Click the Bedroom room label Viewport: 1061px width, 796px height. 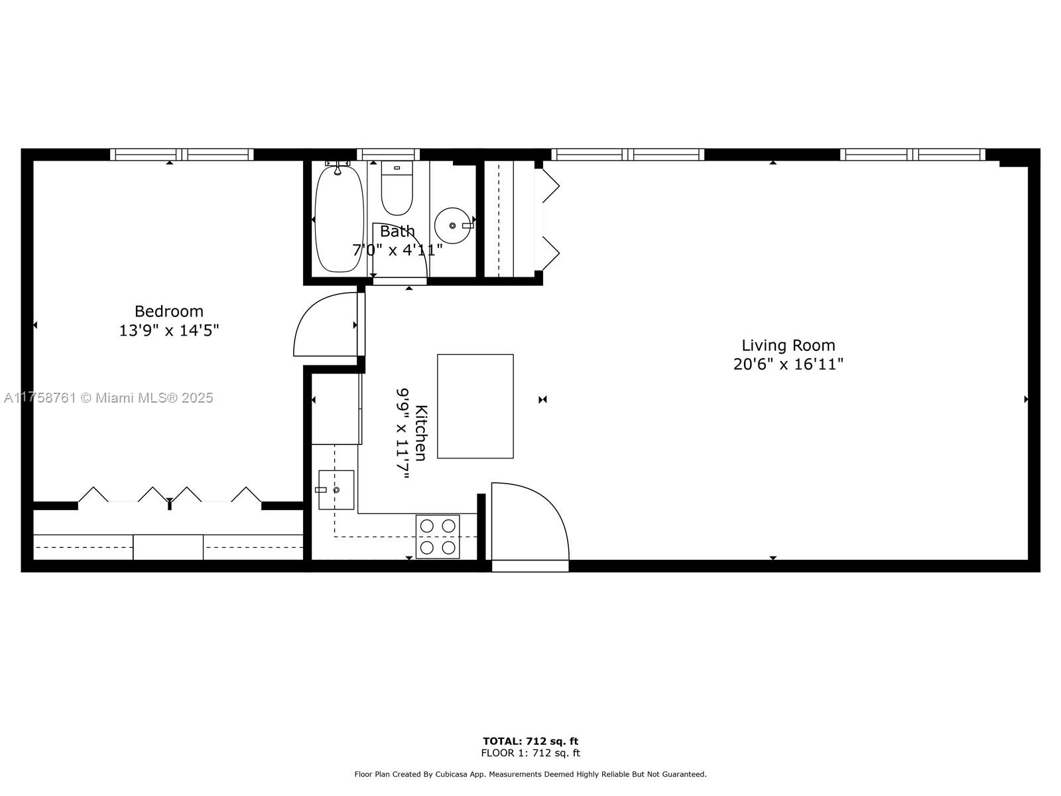[168, 310]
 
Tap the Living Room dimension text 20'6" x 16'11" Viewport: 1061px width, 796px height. [788, 364]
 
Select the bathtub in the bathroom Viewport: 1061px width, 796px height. [339, 219]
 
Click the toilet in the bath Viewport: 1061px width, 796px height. [397, 188]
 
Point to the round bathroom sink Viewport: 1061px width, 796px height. [452, 226]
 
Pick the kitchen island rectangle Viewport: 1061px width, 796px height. [475, 406]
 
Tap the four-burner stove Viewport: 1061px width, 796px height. [438, 537]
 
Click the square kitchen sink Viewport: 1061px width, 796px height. [336, 490]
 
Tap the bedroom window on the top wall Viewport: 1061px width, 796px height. [182, 154]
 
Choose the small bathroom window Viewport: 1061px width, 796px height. [388, 154]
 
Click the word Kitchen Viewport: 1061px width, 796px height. [421, 433]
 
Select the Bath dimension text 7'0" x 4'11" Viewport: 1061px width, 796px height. [397, 250]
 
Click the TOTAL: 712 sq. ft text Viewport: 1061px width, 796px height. [530, 741]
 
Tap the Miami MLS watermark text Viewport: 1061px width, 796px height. [108, 398]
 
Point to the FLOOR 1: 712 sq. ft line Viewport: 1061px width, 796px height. [530, 752]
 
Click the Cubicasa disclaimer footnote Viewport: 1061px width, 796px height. [530, 774]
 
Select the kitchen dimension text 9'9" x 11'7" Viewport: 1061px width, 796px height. [403, 433]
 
